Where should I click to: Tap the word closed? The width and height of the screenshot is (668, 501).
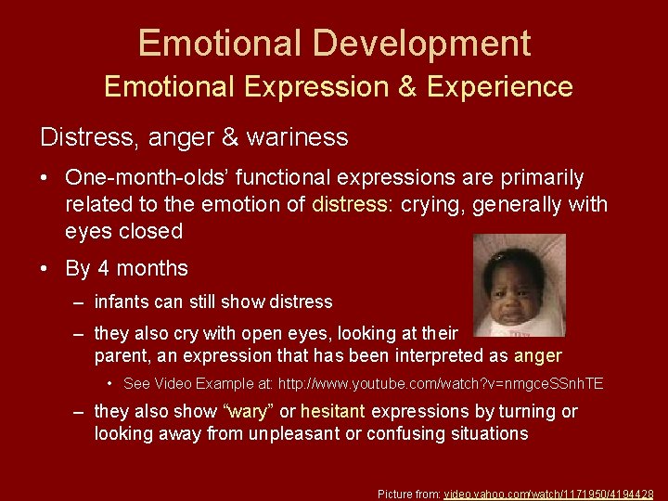150,231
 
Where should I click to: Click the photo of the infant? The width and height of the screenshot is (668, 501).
519,286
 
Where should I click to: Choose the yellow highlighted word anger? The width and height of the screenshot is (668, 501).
537,355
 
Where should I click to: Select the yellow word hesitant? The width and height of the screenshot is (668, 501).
338,411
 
